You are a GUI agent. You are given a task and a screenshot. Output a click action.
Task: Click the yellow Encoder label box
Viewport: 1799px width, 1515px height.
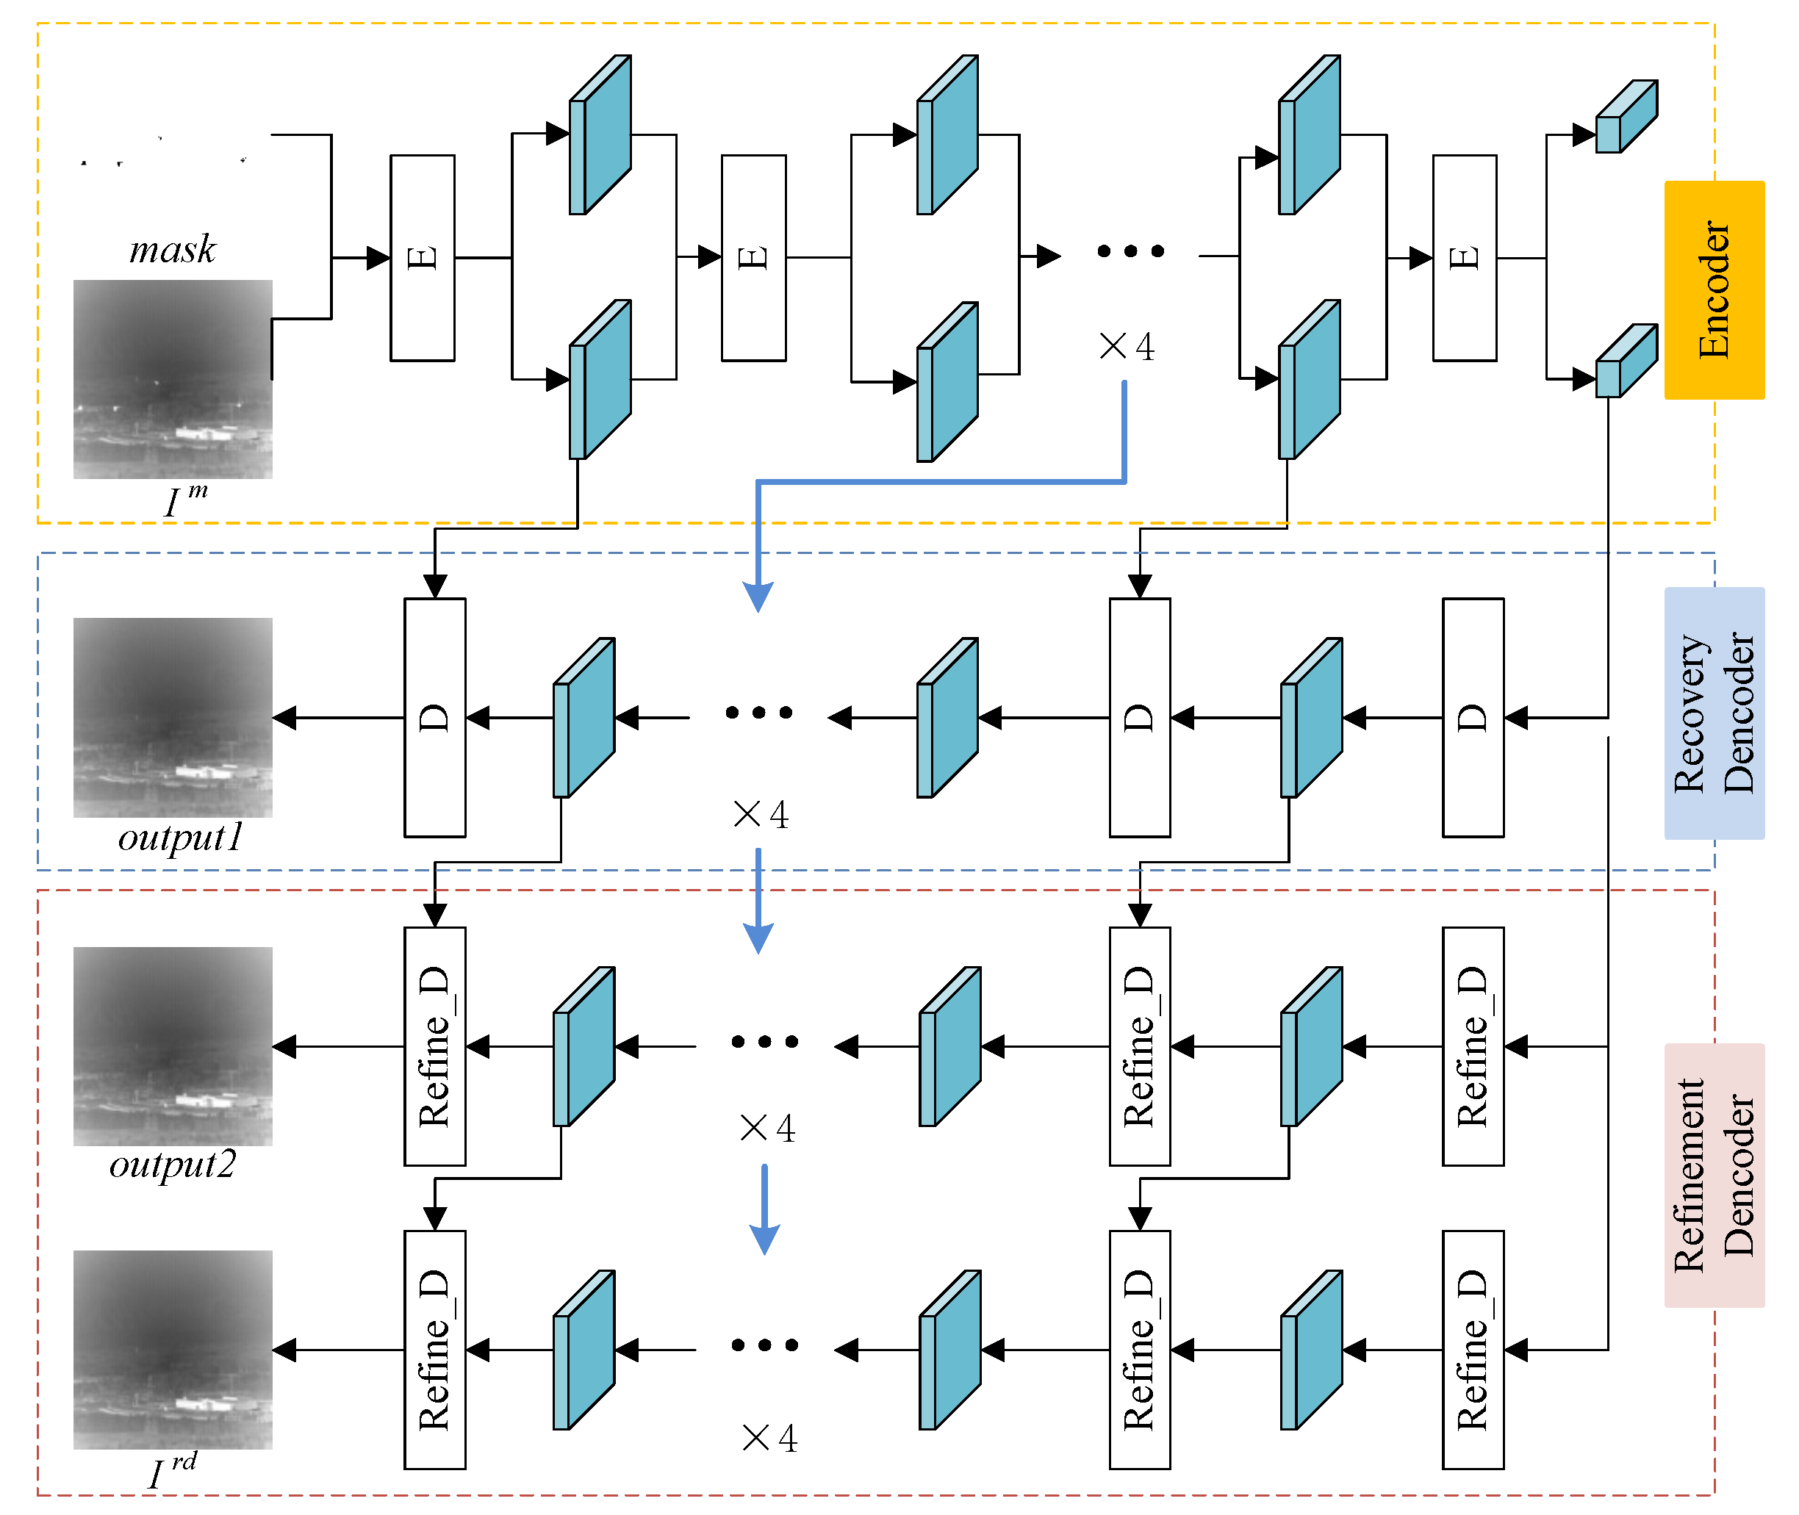point(1714,289)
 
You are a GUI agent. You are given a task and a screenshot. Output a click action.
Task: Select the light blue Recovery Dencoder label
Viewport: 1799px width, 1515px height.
point(1714,713)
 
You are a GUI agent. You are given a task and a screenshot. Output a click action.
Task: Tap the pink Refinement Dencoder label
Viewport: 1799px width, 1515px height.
point(1714,1175)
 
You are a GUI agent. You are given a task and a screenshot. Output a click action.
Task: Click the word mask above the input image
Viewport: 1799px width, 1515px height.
point(173,250)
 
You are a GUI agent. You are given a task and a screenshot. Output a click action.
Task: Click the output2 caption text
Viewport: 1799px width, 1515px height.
point(172,1165)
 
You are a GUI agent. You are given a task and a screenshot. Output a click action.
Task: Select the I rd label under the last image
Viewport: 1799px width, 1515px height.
point(172,1471)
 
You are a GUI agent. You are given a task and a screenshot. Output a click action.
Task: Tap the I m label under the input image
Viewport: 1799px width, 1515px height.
point(184,500)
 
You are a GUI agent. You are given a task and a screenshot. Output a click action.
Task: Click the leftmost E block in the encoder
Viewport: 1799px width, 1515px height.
point(422,258)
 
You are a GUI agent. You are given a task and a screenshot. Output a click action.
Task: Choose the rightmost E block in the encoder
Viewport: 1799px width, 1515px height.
point(1464,258)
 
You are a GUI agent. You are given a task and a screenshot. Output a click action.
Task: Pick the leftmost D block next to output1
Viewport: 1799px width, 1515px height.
point(435,717)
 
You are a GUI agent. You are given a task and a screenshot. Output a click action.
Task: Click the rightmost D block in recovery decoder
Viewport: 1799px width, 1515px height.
point(1473,717)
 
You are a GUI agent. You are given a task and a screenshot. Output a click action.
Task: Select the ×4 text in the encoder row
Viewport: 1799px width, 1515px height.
point(1127,347)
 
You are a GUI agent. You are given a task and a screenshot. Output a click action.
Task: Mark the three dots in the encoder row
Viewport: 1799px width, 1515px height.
point(1130,251)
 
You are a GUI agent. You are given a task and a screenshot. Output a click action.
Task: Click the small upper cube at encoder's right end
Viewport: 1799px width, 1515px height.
point(1626,117)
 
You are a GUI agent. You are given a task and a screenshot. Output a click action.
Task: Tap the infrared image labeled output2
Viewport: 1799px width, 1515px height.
point(173,1046)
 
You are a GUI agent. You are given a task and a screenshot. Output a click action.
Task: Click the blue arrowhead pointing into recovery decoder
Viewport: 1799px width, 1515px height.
point(758,596)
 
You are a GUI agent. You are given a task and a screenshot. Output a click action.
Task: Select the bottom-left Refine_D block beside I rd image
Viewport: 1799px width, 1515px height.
point(435,1349)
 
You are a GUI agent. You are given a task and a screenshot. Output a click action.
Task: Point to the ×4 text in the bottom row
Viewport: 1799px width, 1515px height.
point(769,1438)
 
